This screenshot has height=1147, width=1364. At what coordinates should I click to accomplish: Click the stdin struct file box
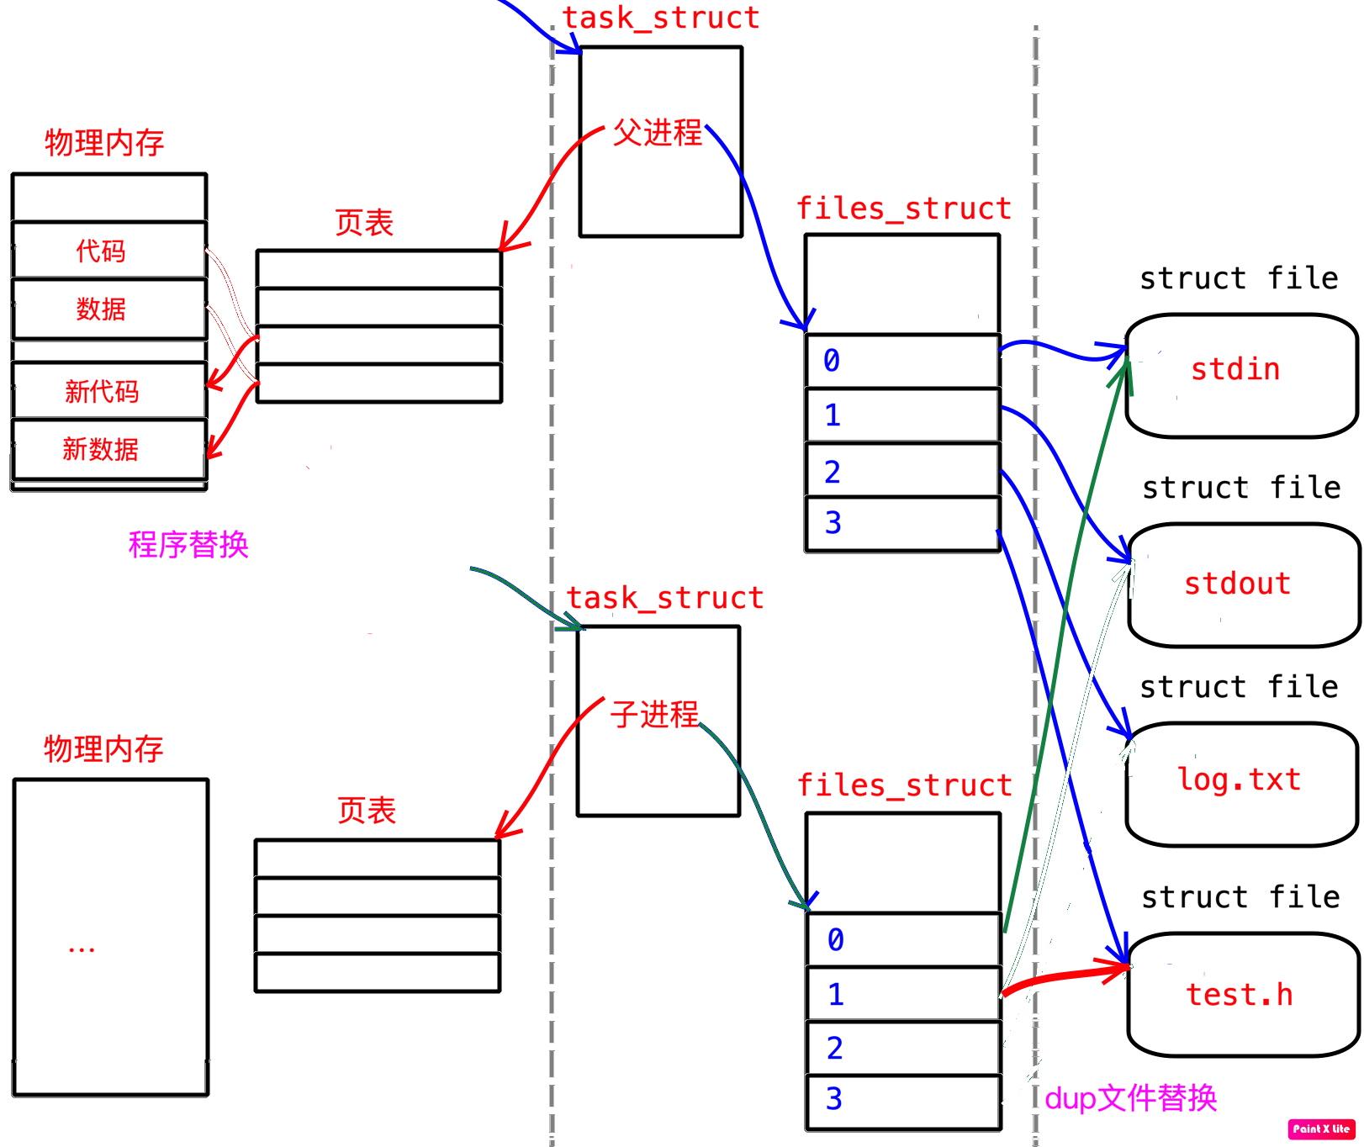pyautogui.click(x=1241, y=375)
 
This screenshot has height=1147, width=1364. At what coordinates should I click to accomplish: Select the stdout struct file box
pyautogui.click(x=1243, y=585)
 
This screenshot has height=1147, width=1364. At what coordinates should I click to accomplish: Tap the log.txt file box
pyautogui.click(x=1241, y=784)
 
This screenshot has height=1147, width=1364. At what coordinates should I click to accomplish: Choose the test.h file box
pyautogui.click(x=1243, y=995)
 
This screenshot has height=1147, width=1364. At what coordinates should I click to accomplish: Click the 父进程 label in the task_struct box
pyautogui.click(x=657, y=133)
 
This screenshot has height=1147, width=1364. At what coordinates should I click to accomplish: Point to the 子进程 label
pyautogui.click(x=654, y=715)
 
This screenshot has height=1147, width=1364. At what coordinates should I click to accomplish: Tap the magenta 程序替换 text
pyautogui.click(x=188, y=545)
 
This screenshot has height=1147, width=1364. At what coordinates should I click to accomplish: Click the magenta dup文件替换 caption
pyautogui.click(x=1130, y=1098)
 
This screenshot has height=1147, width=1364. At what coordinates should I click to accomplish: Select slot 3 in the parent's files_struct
pyautogui.click(x=902, y=524)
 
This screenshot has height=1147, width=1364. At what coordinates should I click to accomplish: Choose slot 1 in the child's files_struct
pyautogui.click(x=903, y=994)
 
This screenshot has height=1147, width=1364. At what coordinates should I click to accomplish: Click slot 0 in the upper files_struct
pyautogui.click(x=902, y=361)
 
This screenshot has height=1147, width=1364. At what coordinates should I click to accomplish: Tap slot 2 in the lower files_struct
pyautogui.click(x=903, y=1048)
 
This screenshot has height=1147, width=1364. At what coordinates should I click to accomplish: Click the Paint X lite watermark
pyautogui.click(x=1320, y=1128)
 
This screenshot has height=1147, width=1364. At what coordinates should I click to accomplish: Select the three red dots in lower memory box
pyautogui.click(x=82, y=950)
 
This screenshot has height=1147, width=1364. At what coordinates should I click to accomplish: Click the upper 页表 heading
pyautogui.click(x=364, y=223)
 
